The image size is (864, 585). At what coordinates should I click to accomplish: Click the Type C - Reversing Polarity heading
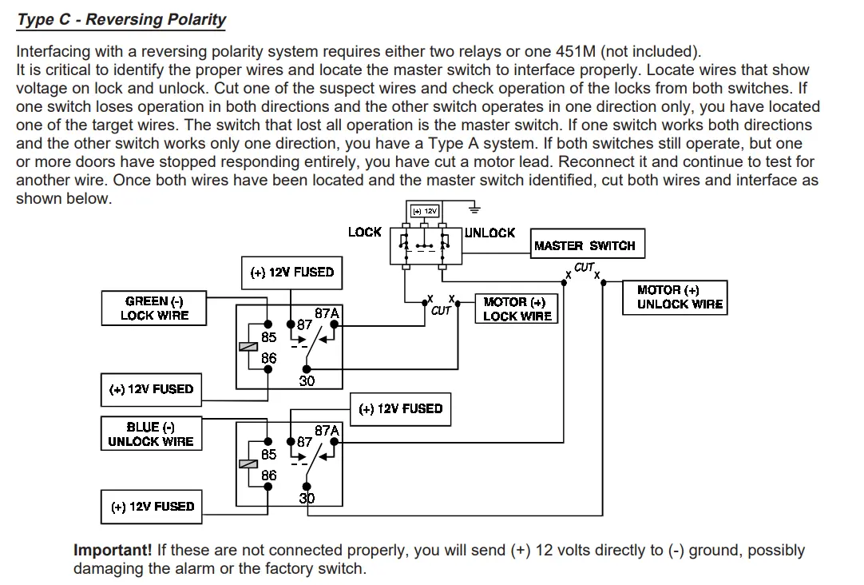tap(121, 20)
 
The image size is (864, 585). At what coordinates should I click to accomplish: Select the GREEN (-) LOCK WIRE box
tap(154, 308)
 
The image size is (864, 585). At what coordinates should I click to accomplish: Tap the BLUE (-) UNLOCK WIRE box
tap(151, 434)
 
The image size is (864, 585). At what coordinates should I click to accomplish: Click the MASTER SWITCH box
tap(588, 244)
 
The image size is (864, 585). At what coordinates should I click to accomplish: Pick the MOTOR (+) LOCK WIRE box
tap(517, 308)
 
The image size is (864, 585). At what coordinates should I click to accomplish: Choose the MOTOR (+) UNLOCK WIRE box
tap(675, 298)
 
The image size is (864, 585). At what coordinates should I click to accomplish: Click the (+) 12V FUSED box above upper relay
tap(291, 273)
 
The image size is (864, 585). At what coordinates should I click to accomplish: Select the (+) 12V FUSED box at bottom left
tap(152, 507)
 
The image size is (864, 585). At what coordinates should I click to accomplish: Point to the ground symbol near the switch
tap(474, 209)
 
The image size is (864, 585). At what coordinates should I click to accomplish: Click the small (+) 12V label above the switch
tap(424, 211)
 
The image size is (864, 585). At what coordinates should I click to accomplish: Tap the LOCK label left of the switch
tap(364, 232)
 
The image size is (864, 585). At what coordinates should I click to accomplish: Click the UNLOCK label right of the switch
tap(489, 233)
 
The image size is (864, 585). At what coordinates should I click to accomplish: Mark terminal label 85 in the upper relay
tap(269, 337)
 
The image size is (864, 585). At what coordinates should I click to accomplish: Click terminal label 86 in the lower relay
tap(269, 476)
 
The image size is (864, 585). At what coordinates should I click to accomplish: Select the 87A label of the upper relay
tap(327, 313)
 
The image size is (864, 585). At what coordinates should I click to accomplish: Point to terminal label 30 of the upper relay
tap(307, 381)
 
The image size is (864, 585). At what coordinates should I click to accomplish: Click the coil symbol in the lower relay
tap(248, 464)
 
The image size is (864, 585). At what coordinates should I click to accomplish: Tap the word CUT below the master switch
tap(584, 268)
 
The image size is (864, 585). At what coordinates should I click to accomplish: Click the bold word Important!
tap(113, 550)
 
